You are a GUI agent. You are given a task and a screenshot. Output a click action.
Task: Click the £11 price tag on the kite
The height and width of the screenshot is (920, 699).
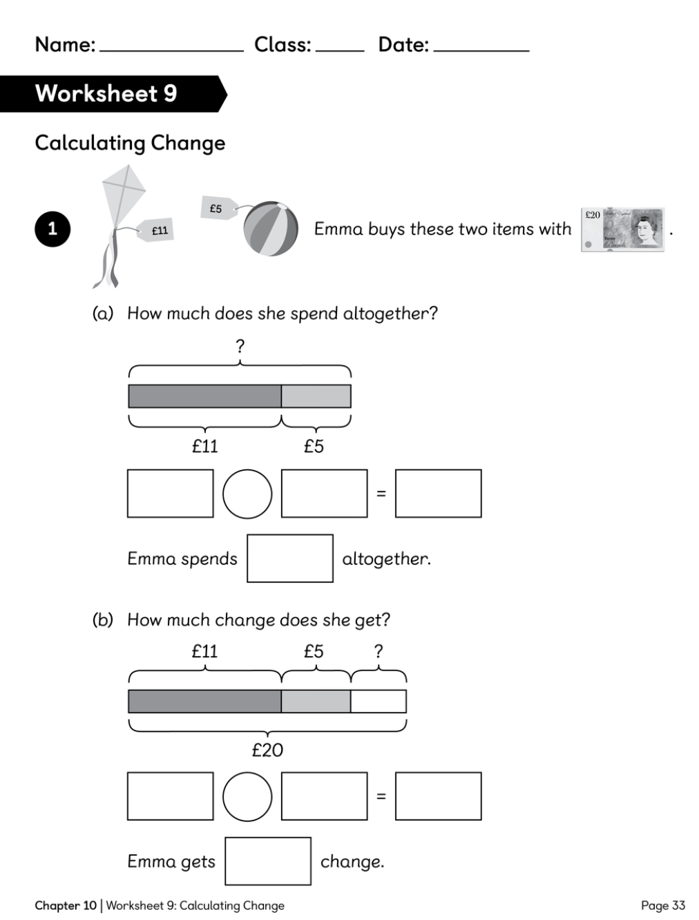(155, 229)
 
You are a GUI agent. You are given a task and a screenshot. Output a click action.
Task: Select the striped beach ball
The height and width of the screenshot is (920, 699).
(271, 228)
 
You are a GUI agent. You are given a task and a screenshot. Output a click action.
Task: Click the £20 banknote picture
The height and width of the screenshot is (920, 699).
(622, 229)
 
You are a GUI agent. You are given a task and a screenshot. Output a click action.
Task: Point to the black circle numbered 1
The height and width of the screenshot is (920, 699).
(52, 229)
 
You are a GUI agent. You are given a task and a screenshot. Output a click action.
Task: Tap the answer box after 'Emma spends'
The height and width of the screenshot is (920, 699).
(290, 558)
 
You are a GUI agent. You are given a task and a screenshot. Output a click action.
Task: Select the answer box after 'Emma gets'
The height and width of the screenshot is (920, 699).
(268, 861)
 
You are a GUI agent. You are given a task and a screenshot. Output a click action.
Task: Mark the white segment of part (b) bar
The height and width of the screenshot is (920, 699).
(379, 701)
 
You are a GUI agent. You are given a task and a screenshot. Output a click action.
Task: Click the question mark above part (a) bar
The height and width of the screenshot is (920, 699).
(240, 346)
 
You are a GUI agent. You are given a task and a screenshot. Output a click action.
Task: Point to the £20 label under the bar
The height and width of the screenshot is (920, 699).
(267, 750)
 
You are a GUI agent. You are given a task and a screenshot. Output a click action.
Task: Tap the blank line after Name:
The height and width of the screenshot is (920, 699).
(172, 51)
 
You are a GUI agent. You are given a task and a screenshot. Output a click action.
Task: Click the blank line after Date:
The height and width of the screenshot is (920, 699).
(481, 51)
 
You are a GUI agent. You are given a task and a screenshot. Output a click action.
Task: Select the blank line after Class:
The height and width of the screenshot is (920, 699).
(340, 51)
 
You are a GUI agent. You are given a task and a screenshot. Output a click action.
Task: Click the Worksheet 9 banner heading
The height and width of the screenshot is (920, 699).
(106, 93)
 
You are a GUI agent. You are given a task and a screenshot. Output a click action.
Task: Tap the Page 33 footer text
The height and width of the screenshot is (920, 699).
(663, 905)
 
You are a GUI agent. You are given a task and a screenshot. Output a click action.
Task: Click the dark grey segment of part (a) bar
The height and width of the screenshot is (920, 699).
(205, 396)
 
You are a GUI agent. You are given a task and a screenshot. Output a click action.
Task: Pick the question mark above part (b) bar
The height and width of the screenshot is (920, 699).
(379, 651)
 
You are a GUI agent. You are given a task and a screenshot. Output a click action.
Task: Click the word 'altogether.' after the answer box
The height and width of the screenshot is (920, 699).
(387, 558)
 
